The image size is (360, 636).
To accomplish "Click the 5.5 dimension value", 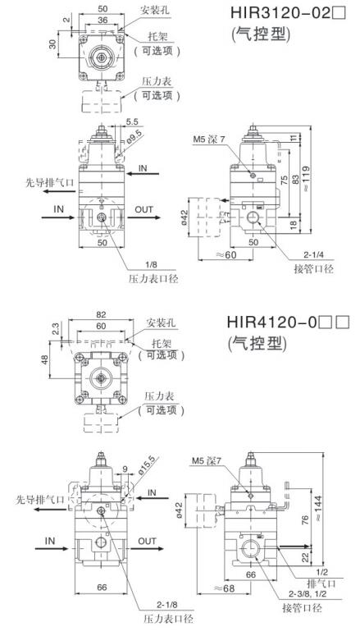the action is pos(132,121).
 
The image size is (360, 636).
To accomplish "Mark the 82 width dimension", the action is pos(101,314).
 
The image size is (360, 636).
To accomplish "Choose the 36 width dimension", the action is pos(102,19).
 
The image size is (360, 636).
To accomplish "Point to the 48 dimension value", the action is pos(44,359).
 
